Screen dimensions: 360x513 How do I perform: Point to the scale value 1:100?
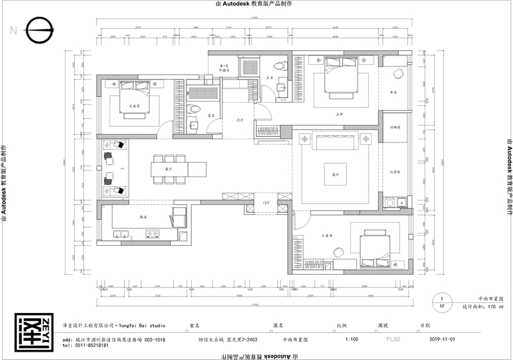point(352,339)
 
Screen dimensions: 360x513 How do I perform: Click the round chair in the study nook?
point(397,74)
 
